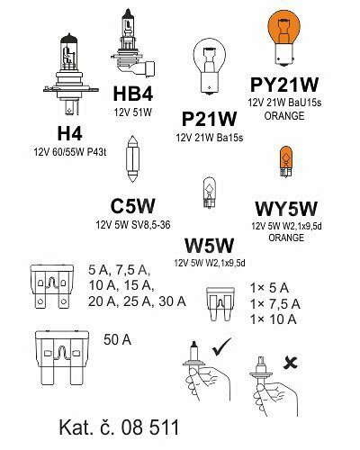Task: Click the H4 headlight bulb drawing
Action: pos(71,75)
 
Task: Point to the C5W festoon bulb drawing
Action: pos(132,158)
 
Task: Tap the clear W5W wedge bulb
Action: pos(209,193)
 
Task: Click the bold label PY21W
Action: pos(284,85)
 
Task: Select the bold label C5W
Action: pos(132,206)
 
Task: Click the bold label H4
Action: pos(70,133)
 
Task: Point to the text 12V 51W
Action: pos(133,112)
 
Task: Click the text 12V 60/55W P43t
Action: pos(70,152)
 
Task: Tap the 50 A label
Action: pos(117,340)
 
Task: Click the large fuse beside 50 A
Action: pos(62,358)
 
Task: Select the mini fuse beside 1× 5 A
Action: pos(220,304)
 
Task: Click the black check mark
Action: pos(221,347)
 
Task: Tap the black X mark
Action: pos(291,363)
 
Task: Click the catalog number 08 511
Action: pos(150,427)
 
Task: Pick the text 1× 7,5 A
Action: pos(275,304)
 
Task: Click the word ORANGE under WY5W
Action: pos(286,238)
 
